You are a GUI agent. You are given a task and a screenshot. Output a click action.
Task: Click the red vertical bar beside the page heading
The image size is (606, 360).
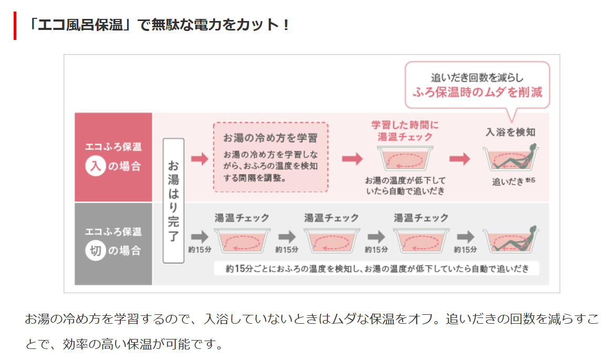15,25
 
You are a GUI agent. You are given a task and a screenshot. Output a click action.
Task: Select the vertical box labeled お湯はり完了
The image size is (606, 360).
173,200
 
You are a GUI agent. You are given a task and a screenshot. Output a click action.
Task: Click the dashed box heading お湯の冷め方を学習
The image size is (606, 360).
270,138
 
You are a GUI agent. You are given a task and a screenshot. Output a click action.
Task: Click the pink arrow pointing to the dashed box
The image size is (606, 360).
200,159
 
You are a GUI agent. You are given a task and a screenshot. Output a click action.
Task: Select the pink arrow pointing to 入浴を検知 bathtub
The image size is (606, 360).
459,159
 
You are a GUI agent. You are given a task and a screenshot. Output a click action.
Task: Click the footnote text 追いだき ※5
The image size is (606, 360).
513,182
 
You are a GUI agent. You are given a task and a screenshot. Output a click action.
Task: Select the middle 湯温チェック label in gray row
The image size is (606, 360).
331,218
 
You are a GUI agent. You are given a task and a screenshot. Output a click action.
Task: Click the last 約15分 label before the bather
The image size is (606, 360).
465,249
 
